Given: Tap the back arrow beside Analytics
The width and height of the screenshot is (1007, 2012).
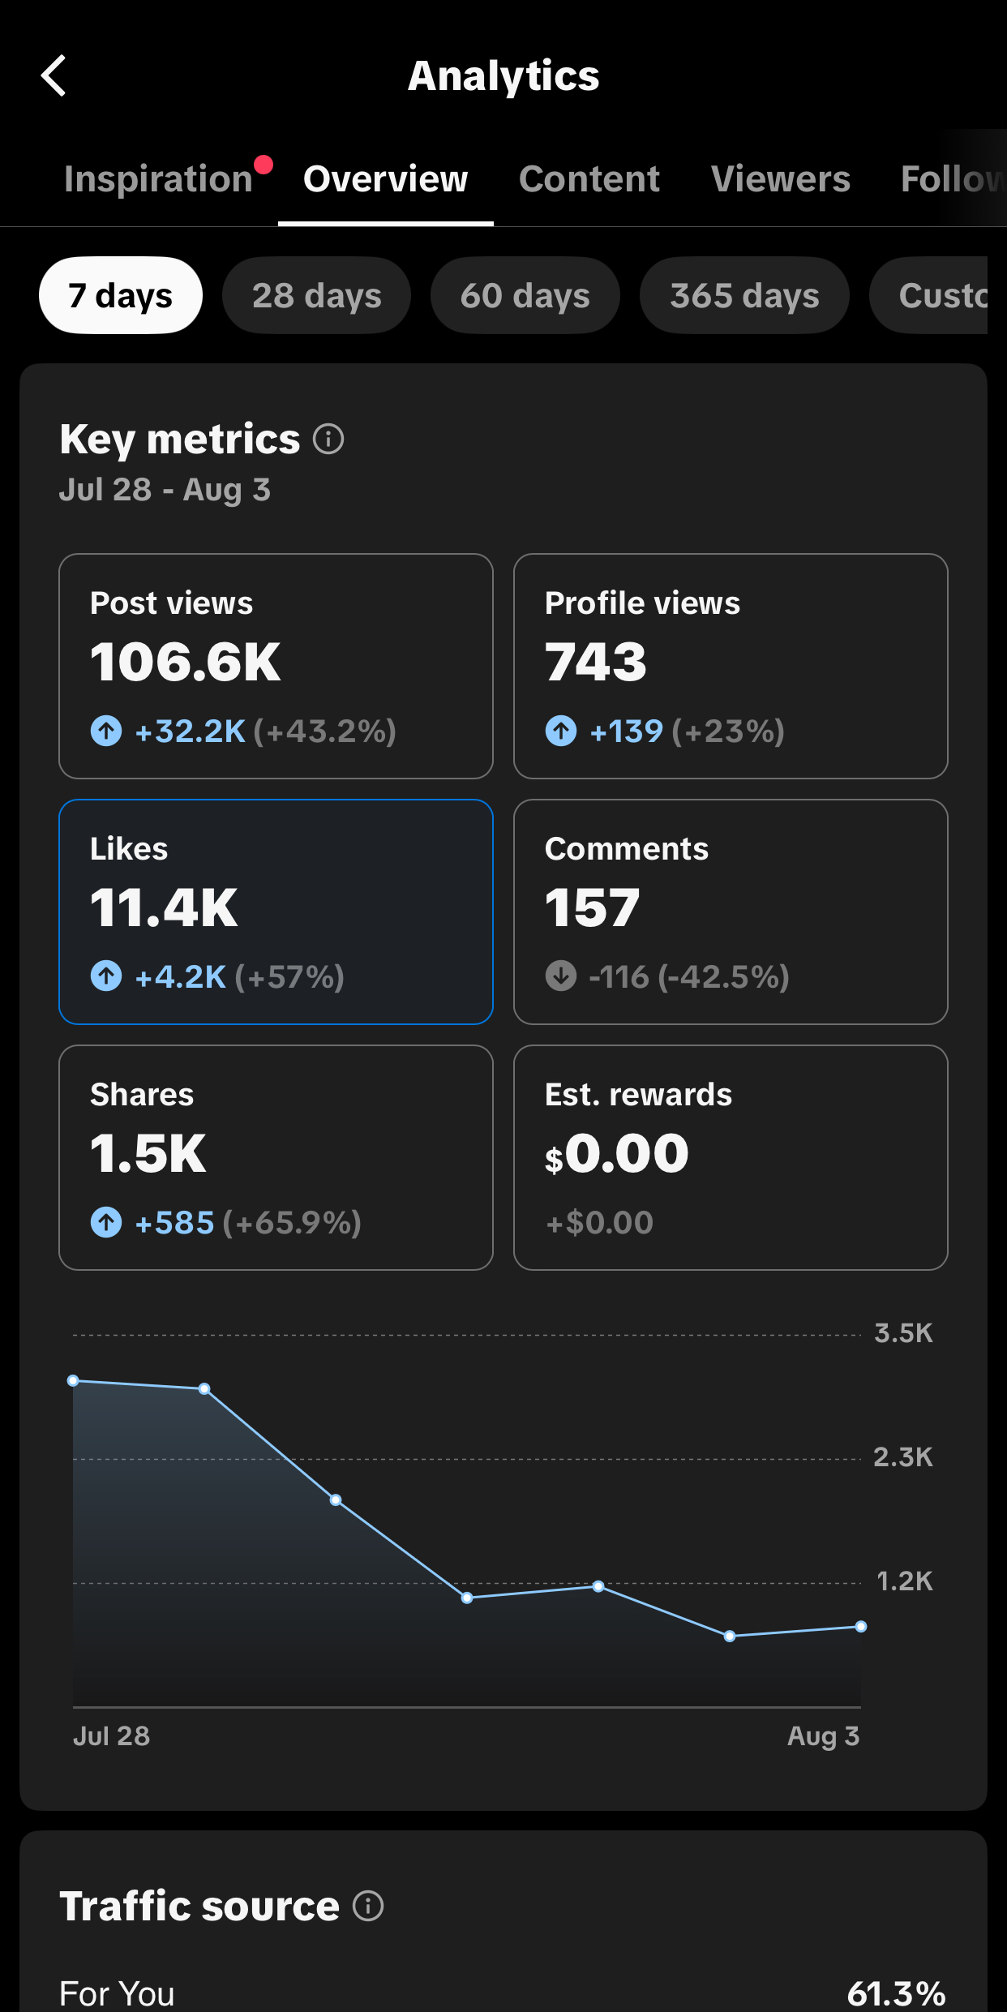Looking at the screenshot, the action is pos(54,76).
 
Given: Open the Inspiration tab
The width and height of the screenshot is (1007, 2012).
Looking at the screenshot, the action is pos(159,178).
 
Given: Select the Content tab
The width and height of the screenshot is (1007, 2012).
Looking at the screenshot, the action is pos(589,178).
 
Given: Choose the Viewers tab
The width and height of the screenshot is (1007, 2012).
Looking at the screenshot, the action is pos(780,178).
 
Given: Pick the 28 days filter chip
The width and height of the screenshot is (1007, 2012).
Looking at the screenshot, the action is pos(316,295).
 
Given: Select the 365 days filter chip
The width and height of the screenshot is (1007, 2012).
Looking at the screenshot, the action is pos(744,295).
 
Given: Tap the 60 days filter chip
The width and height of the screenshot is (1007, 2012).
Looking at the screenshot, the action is pos(525,295).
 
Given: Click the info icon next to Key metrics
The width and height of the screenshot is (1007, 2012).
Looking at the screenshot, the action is pos(328,440).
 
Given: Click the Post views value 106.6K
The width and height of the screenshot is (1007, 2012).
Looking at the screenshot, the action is pos(185,662).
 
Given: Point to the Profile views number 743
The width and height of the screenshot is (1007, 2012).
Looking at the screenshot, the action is pos(596,662).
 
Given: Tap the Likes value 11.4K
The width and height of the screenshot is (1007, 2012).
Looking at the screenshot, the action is pos(164,907).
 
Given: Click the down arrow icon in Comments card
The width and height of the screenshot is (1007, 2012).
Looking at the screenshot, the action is pos(561,976).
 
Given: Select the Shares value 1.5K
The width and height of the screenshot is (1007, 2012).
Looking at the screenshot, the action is pos(148,1153).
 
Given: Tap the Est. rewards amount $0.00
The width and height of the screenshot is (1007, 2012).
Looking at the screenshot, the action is pos(617,1153).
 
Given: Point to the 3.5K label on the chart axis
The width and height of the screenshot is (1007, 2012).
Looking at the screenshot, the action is pos(903,1333).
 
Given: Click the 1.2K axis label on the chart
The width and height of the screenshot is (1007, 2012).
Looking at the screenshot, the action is pos(905,1581).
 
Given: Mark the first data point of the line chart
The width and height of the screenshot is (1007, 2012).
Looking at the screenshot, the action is pos(73,1380).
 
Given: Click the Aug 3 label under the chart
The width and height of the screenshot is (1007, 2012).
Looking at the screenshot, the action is pos(823,1736).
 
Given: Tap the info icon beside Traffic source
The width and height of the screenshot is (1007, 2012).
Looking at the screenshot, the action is pos(368,1906).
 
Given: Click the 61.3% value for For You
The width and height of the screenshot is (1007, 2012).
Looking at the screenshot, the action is pos(896,1993).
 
